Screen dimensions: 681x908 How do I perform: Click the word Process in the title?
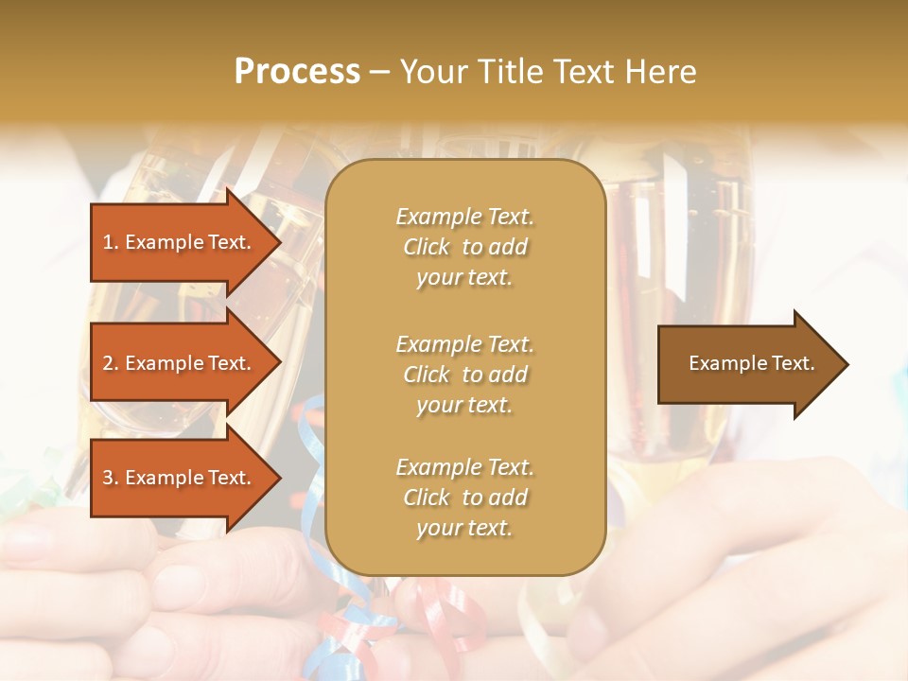(x=297, y=72)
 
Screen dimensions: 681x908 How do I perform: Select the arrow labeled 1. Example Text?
(x=180, y=242)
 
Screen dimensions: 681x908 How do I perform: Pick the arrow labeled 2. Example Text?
(x=180, y=363)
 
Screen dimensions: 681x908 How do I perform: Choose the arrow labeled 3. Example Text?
(x=180, y=478)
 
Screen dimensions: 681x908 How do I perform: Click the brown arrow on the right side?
(x=747, y=363)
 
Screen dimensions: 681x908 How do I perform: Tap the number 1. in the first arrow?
(x=110, y=242)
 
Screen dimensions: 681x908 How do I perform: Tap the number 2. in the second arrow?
(x=110, y=363)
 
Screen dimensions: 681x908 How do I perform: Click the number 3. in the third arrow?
(x=110, y=478)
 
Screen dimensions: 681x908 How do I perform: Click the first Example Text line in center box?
(x=464, y=217)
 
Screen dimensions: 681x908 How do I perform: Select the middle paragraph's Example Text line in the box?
(x=464, y=343)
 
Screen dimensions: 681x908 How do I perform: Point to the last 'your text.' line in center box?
(x=464, y=528)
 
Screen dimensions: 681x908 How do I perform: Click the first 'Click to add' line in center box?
(x=464, y=247)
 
